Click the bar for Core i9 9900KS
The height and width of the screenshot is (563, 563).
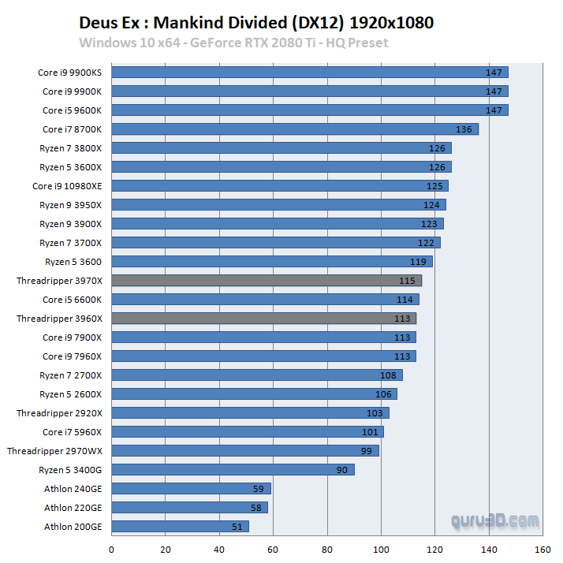(310, 73)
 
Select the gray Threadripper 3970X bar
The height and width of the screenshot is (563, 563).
(267, 281)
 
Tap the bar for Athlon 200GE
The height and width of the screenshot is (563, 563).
(180, 527)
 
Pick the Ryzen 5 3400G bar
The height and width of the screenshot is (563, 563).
(233, 470)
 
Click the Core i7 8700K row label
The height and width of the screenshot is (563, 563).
(72, 129)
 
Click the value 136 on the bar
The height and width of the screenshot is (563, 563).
(464, 129)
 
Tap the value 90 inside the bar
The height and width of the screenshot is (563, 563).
(342, 470)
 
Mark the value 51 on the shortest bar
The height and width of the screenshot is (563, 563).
(237, 527)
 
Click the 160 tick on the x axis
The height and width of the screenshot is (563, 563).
(542, 550)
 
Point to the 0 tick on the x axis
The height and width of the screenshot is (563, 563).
(112, 550)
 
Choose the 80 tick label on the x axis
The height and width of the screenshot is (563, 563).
(327, 550)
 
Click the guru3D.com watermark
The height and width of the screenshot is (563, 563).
(495, 521)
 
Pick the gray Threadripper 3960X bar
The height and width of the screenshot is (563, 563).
(263, 319)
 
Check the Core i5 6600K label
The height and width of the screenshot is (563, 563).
(72, 300)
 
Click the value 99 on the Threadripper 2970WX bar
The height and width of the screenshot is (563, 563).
(367, 451)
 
